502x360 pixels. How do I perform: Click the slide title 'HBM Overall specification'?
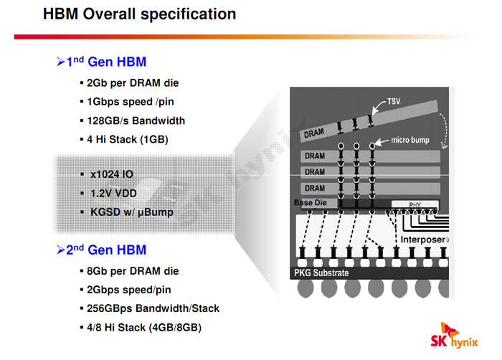139,14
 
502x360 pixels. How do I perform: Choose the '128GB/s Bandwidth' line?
136,120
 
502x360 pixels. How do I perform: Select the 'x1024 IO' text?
111,174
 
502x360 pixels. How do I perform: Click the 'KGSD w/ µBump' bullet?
131,212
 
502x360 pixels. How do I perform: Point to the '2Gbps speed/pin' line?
128,290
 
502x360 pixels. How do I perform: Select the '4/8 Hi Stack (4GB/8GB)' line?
143,327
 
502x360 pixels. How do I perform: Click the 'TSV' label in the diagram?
394,101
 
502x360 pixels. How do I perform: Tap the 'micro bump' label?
409,140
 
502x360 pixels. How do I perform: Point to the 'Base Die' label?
310,204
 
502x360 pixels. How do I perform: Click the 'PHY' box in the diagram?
415,205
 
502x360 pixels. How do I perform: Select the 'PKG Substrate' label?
321,273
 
